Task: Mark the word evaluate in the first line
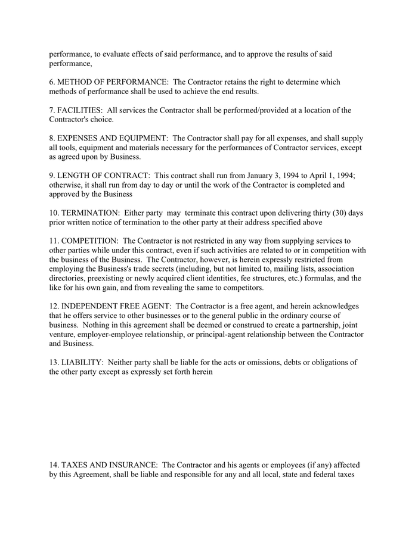(111, 54)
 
